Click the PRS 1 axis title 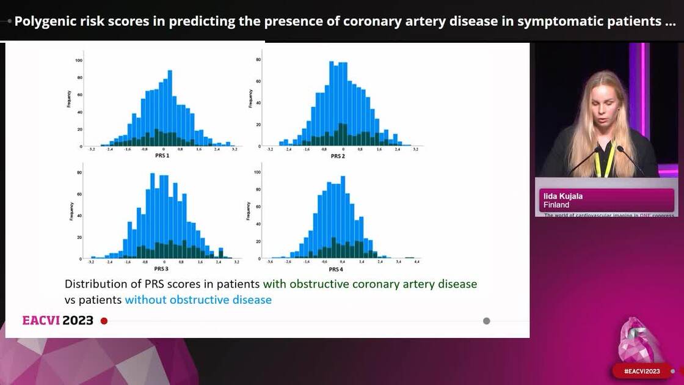[x=164, y=156]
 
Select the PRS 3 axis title [x=161, y=269]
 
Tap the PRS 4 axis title [x=336, y=269]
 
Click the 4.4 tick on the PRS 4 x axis [x=417, y=262]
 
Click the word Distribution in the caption [x=95, y=284]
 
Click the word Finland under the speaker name [x=556, y=205]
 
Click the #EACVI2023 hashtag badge [x=641, y=371]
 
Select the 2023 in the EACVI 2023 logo [x=78, y=321]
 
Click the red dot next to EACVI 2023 [x=104, y=321]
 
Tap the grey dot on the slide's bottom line [x=486, y=321]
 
